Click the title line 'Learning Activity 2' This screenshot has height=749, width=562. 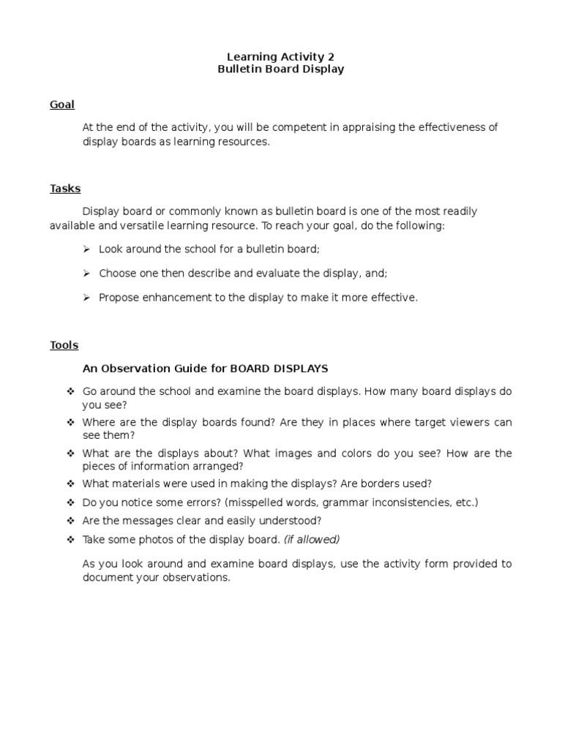click(280, 56)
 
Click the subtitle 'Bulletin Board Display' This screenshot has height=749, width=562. click(280, 69)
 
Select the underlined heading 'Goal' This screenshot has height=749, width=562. click(62, 105)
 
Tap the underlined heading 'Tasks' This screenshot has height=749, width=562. click(65, 189)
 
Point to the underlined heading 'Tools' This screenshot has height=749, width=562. click(64, 345)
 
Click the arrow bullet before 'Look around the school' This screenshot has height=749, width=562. click(86, 249)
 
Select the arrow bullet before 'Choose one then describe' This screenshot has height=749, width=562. click(86, 273)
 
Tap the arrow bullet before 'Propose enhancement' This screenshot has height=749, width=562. click(86, 298)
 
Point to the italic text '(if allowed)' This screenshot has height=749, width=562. click(312, 540)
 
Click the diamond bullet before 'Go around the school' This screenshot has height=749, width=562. click(70, 391)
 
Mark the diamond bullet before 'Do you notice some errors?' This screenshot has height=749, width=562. click(70, 503)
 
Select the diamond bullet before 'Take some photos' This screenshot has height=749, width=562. click(70, 540)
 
